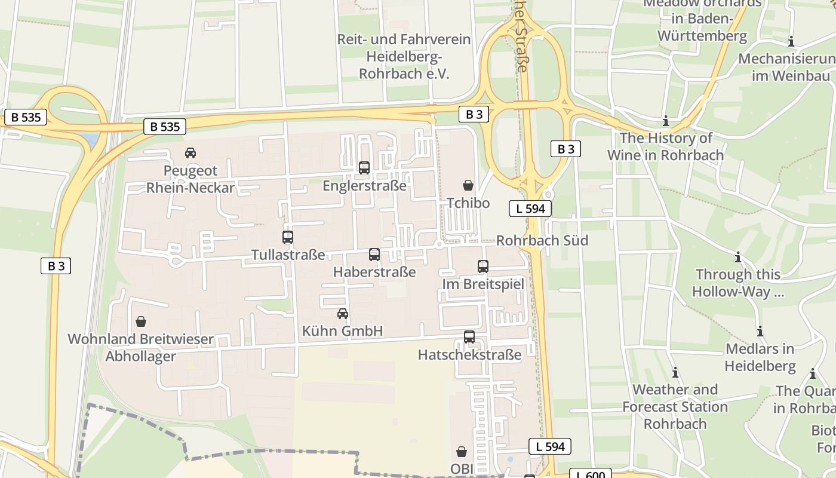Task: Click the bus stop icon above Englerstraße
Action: [x=364, y=168]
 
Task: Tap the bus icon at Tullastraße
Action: [x=288, y=237]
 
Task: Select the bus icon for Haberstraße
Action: [x=374, y=255]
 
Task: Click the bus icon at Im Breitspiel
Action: [x=483, y=266]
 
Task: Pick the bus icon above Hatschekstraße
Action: [x=469, y=337]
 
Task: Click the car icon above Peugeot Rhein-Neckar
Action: [x=190, y=153]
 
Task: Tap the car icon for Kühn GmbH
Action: [x=343, y=313]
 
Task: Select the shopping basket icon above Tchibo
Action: [x=468, y=186]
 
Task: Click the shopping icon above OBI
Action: [x=462, y=452]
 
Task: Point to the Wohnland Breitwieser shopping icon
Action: [x=141, y=322]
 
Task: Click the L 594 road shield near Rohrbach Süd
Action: [x=530, y=209]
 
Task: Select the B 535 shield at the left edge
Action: [x=26, y=117]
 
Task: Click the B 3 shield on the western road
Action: [x=56, y=266]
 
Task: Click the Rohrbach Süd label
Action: [x=542, y=240]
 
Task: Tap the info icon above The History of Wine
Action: [x=666, y=121]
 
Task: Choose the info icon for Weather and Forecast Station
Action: [x=675, y=373]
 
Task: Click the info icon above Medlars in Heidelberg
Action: [x=760, y=332]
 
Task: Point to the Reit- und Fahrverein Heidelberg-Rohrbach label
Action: [x=404, y=57]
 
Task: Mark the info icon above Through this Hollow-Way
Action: [x=738, y=258]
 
